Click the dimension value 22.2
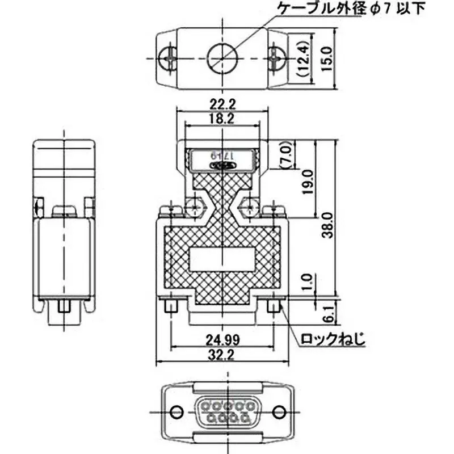pos(222,103)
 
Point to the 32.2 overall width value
pos(222,355)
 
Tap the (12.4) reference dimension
pos(302,58)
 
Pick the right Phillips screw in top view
pos(276,57)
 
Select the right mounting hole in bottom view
pos(278,412)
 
